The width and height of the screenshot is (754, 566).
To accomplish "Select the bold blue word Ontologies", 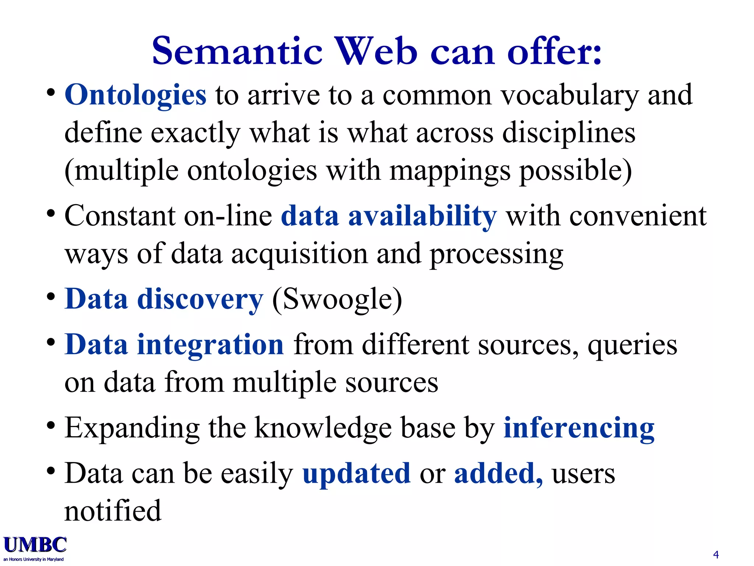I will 135,95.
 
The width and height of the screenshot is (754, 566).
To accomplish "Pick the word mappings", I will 450,171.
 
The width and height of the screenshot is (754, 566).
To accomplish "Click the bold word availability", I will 422,216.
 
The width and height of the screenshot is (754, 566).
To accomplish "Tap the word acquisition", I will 299,254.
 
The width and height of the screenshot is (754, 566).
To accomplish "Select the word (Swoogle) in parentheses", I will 337,299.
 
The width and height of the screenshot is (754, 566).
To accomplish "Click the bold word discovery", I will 200,299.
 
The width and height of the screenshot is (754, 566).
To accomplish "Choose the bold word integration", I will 210,345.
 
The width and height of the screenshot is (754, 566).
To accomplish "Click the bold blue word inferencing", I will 579,428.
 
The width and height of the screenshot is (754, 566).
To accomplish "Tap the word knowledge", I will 323,428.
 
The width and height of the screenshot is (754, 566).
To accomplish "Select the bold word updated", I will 356,473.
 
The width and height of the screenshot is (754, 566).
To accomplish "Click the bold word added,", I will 498,473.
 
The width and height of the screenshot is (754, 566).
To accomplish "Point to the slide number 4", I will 716,555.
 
